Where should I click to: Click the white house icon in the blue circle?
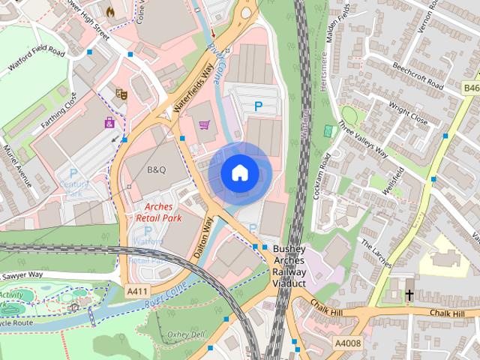[x=239, y=172]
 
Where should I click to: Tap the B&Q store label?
[x=156, y=170]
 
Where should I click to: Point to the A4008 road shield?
[x=348, y=343]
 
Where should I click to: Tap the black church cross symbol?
[x=409, y=295]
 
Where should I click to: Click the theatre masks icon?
[x=119, y=94]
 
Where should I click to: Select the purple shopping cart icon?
[x=203, y=124]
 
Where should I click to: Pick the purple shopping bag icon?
[x=109, y=122]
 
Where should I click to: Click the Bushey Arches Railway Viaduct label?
[x=289, y=266]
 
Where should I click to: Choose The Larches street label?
[x=376, y=253]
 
